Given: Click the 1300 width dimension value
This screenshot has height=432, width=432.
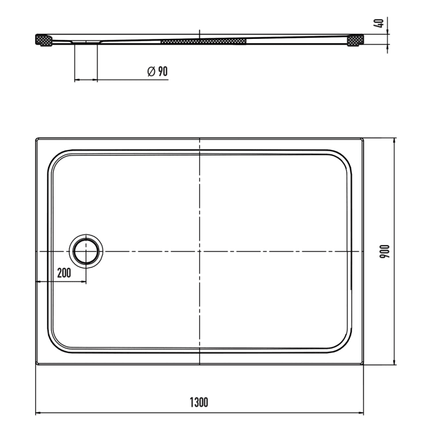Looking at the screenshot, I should point(199,402).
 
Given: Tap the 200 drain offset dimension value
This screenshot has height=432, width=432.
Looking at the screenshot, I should point(64,272).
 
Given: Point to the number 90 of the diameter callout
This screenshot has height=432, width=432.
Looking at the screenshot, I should point(162,72).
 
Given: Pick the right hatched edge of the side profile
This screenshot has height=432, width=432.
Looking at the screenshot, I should point(355,40).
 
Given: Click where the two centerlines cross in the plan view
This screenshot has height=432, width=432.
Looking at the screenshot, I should point(199,252).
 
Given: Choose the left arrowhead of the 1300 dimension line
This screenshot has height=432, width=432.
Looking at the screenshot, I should point(37,413).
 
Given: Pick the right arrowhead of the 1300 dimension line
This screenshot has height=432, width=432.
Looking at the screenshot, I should point(362,413).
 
